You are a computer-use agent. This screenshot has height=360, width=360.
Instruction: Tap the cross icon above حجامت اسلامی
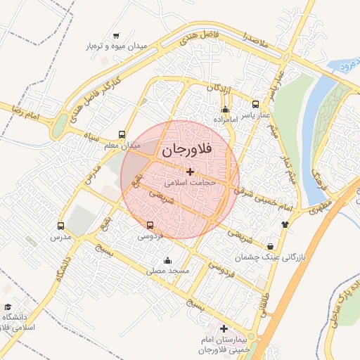[190, 171]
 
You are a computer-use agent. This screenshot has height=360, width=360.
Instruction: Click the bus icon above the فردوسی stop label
[150, 225]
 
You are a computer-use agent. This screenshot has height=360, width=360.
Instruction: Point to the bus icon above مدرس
[60, 226]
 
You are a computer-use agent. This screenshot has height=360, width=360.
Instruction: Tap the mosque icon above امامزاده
[225, 109]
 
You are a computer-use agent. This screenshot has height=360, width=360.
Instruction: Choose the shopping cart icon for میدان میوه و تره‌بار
[116, 35]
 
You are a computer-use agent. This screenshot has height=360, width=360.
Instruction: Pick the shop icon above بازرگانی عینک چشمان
[271, 246]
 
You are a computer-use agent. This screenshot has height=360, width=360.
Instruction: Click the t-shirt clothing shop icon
[284, 224]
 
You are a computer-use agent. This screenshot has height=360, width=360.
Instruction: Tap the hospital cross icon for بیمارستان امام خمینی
[224, 328]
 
